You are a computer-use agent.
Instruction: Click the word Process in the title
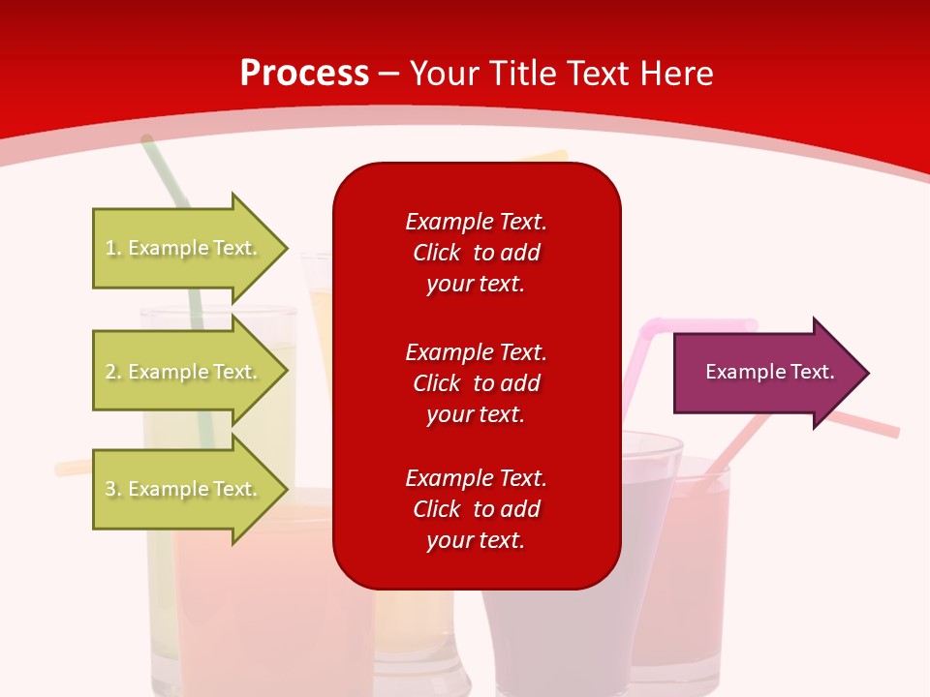point(305,74)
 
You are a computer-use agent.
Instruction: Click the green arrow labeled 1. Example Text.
point(191,248)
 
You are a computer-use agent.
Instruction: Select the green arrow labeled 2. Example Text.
point(191,371)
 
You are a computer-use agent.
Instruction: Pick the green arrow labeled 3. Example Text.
point(191,488)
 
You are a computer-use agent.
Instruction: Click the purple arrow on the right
point(771,373)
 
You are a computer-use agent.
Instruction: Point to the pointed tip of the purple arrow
point(870,373)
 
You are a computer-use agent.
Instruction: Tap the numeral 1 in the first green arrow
point(110,248)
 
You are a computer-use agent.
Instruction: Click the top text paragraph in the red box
point(477,253)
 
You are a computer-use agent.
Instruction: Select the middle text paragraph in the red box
point(477,383)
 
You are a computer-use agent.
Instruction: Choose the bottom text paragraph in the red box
point(477,509)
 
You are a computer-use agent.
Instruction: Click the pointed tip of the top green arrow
point(289,249)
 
